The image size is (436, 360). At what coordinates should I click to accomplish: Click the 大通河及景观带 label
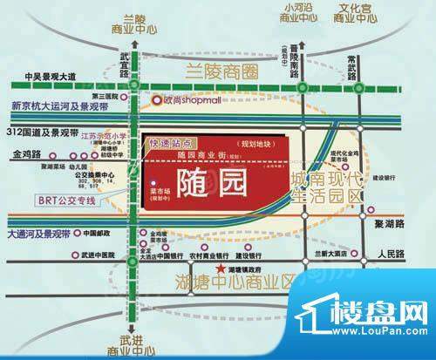[39, 234]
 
